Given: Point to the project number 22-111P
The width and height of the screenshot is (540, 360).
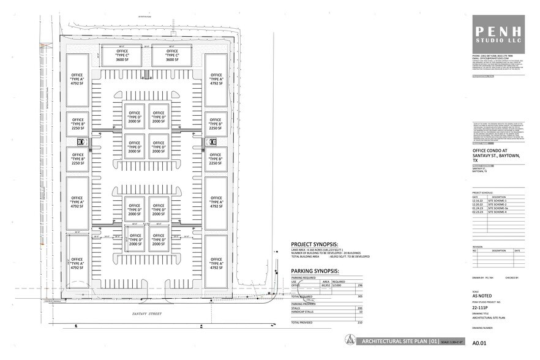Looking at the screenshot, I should point(481,308).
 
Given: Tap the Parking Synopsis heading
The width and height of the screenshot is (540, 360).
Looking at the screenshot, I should point(315,270).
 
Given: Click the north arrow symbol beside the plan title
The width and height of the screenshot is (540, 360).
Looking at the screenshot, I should point(349,340).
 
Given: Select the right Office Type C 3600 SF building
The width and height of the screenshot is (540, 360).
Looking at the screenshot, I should point(173,56).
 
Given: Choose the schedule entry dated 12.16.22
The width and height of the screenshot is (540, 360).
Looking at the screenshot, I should point(479,200).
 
